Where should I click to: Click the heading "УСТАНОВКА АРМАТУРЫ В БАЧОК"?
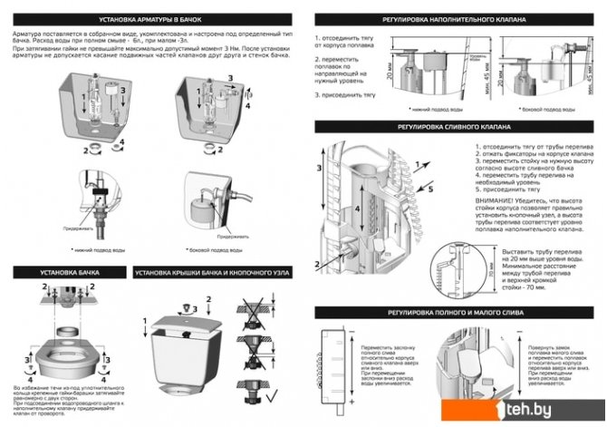(150, 18)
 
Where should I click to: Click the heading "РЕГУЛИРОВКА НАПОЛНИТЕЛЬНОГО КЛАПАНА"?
(456, 18)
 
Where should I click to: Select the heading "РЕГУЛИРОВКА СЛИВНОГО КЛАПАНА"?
(456, 127)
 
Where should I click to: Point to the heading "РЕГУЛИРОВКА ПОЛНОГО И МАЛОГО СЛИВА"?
(456, 311)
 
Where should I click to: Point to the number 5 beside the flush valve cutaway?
(431, 191)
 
